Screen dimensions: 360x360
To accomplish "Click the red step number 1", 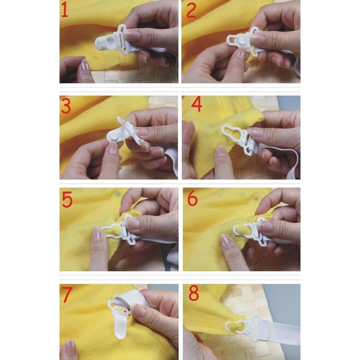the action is (65, 11).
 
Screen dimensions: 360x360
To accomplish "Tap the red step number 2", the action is (191, 11).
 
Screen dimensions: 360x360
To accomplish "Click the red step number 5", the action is (67, 200).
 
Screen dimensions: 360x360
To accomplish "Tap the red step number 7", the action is (67, 295).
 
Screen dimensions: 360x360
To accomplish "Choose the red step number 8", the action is (194, 293).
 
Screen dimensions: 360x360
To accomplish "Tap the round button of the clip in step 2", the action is (241, 41).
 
